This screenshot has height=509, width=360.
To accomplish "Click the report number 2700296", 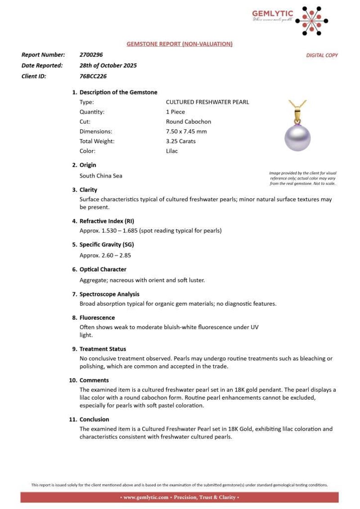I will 91,54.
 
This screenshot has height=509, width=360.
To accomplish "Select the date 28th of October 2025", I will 108,65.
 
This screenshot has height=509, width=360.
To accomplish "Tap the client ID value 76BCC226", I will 93,76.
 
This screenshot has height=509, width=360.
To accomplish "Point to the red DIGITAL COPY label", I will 322,55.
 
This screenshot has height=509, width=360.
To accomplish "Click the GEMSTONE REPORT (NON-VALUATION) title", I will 180,44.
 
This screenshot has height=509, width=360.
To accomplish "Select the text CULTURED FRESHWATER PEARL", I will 207,102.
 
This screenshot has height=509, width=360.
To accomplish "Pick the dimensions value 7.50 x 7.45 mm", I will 186,131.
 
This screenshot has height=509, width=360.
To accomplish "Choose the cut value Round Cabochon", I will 188,122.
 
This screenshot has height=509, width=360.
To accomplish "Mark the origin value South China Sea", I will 101,176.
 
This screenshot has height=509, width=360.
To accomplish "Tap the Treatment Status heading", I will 103,349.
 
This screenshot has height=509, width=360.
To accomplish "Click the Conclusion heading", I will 94,419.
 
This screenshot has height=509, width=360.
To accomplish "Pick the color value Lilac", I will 172,151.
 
